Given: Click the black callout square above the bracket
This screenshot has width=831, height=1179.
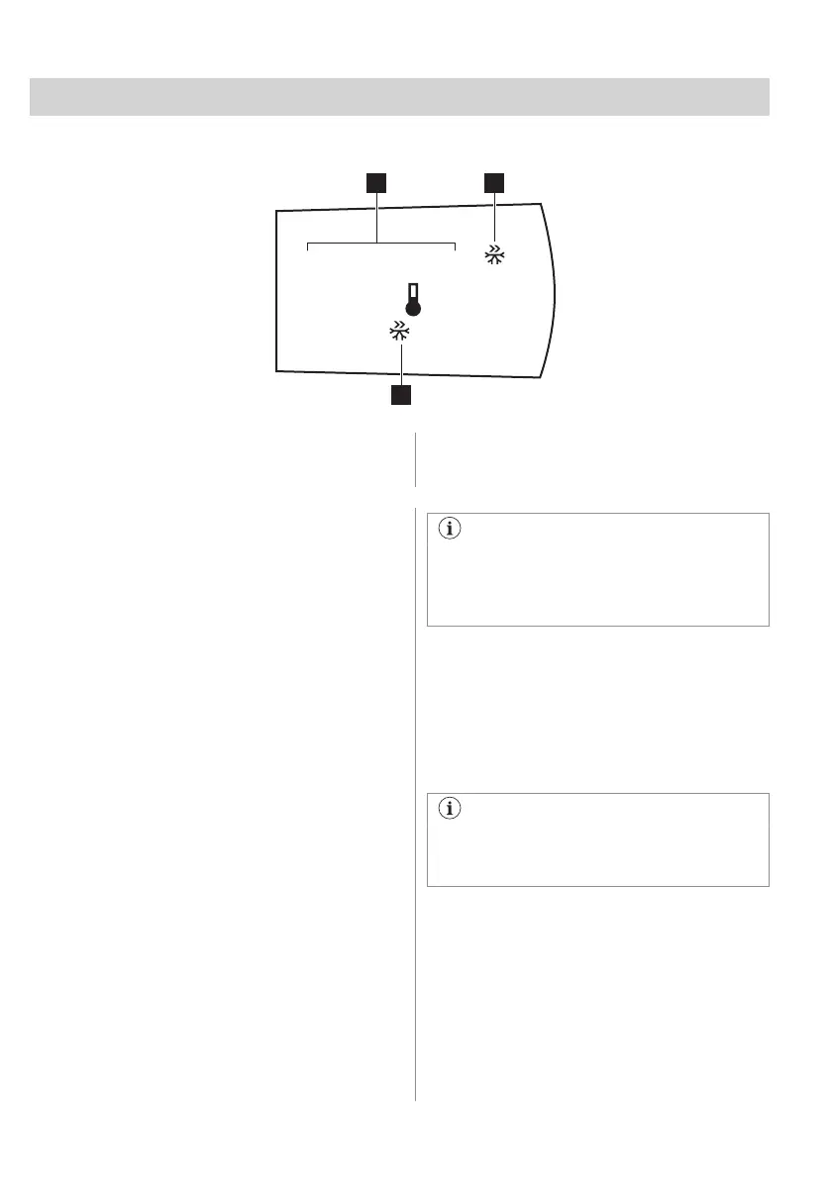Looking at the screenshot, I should click(x=376, y=182).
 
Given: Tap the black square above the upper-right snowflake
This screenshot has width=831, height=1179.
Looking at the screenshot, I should click(x=493, y=182).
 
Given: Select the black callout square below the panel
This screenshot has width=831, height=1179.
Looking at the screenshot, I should click(x=400, y=395).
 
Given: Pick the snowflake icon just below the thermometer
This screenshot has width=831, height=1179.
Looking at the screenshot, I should click(x=399, y=333).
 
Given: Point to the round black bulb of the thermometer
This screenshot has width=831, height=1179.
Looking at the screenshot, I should click(x=413, y=308).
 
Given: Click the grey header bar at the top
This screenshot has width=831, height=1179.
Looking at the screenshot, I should click(x=399, y=96).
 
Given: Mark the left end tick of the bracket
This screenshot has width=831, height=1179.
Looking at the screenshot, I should click(x=308, y=247).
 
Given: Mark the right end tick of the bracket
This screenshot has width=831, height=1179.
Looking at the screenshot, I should click(x=455, y=247).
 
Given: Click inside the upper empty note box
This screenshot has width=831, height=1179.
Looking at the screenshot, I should click(x=597, y=584).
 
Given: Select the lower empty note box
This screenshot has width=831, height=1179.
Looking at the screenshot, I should click(x=597, y=851).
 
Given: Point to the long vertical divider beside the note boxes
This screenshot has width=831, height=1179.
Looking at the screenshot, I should click(x=415, y=792).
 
